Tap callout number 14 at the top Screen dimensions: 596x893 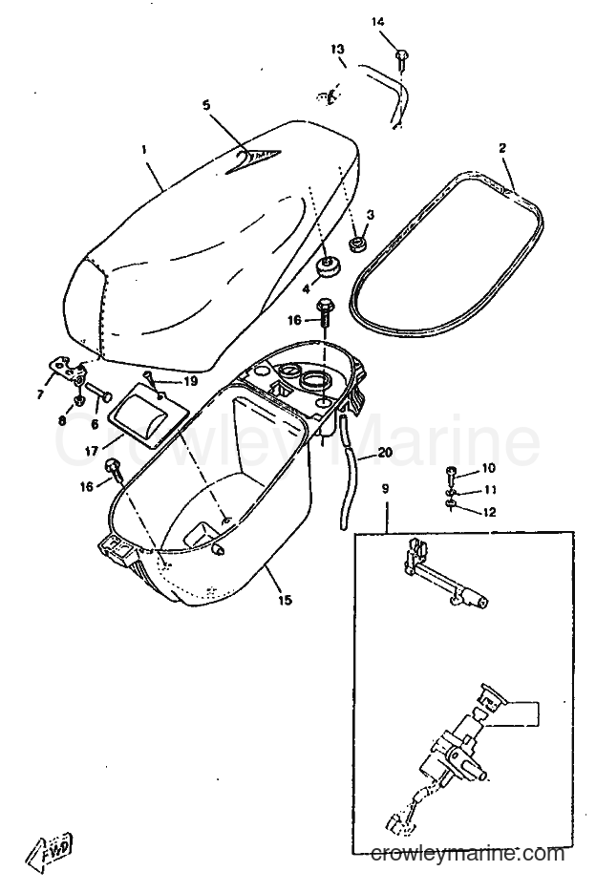(378, 22)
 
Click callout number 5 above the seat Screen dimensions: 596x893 (206, 105)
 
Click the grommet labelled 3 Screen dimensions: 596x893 (358, 245)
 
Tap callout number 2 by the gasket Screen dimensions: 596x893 (502, 149)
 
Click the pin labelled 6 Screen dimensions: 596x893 (99, 393)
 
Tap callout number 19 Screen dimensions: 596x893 (190, 381)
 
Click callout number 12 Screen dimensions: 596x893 (488, 512)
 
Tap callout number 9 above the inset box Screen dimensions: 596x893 (386, 489)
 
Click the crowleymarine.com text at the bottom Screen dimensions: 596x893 (468, 853)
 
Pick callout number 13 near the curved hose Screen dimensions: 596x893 (338, 49)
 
